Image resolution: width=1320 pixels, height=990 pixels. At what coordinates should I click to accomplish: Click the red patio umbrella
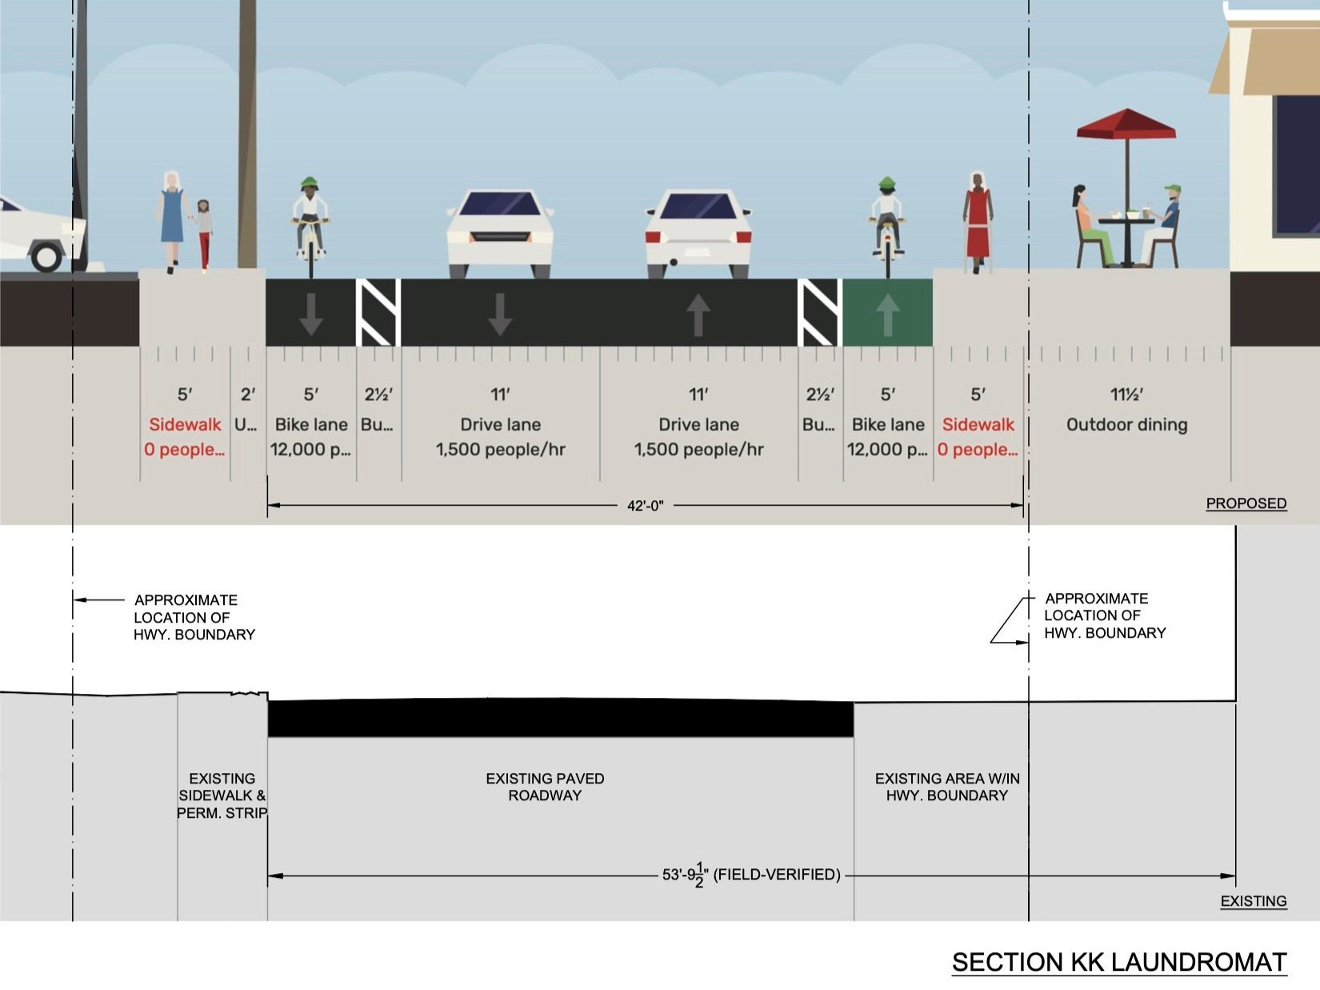(x=1126, y=126)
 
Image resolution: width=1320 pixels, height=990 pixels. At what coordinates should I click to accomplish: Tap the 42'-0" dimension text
(x=645, y=506)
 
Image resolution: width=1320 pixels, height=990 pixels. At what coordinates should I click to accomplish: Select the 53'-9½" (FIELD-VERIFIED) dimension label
(x=750, y=875)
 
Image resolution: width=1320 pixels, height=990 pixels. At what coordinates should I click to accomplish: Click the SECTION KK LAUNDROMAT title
(x=1118, y=962)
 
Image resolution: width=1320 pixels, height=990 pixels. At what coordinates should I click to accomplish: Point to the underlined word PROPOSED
(x=1246, y=503)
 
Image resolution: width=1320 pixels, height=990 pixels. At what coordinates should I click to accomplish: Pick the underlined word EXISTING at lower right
(x=1253, y=901)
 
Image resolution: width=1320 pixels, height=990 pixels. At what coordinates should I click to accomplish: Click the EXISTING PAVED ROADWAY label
(x=545, y=787)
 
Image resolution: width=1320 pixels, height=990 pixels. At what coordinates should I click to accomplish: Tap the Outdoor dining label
(x=1126, y=425)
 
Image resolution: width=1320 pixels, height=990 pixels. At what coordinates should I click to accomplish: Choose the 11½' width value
(x=1126, y=395)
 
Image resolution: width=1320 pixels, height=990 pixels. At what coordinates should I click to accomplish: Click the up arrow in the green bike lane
(x=887, y=314)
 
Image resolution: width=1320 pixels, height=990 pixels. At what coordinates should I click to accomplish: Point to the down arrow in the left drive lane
(x=500, y=314)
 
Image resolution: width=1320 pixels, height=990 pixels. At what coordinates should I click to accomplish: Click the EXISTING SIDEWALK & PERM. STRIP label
(x=222, y=796)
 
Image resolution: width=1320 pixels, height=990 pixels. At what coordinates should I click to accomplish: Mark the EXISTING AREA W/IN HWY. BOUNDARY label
(x=946, y=787)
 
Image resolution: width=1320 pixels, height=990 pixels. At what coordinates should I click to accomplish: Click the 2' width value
(x=248, y=395)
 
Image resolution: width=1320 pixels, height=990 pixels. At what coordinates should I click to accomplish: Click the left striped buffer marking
(x=378, y=312)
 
